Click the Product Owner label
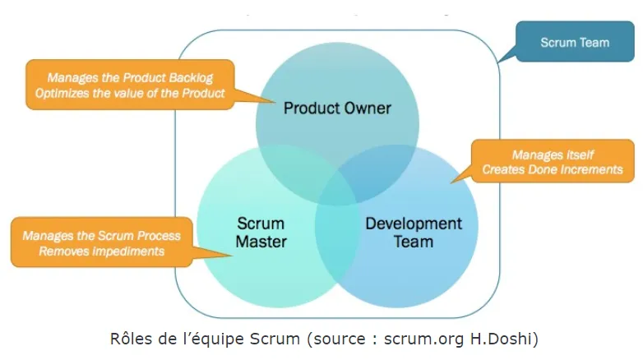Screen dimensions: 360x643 pos(337,108)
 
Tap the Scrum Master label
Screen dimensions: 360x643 pos(261,233)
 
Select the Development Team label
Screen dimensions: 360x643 pos(414,233)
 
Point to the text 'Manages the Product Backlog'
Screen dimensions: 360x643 pos(130,78)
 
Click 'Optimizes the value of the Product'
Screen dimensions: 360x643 pos(130,94)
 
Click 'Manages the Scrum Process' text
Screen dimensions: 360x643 pos(101,235)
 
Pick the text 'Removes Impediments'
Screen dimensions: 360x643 pos(101,251)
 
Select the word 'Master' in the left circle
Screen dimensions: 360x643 pos(261,242)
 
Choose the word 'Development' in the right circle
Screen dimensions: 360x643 pos(414,224)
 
